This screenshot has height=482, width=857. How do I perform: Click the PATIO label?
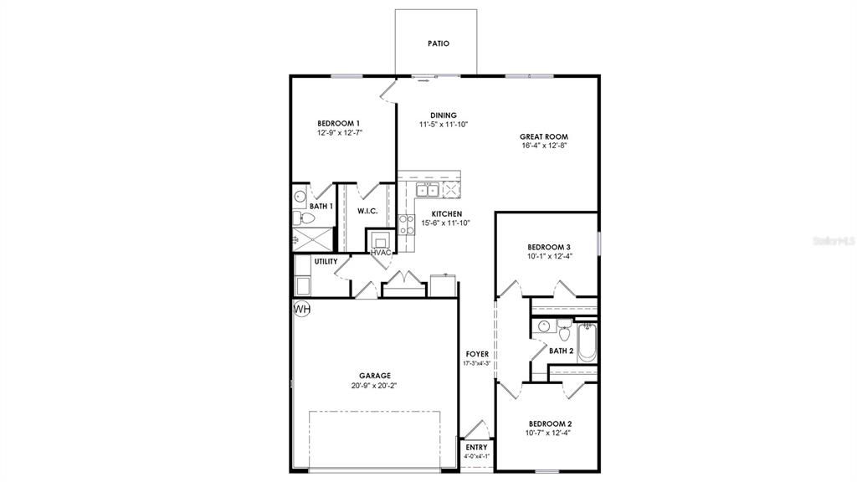(x=438, y=44)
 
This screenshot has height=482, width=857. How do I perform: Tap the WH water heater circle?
(x=302, y=310)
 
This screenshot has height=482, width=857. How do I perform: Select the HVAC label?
(x=382, y=252)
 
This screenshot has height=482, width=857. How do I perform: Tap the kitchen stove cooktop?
(x=407, y=223)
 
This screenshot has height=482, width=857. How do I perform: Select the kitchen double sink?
(x=428, y=190)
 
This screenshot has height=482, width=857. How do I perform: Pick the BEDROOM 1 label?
(x=338, y=123)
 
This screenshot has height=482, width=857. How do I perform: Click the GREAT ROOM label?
(x=543, y=136)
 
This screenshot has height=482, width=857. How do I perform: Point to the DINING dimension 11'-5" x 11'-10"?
(x=443, y=125)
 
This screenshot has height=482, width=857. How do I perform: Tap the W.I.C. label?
(x=368, y=211)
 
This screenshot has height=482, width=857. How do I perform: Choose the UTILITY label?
(x=326, y=262)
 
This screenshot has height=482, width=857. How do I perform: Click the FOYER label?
(x=477, y=354)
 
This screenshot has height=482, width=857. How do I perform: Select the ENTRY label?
(x=476, y=448)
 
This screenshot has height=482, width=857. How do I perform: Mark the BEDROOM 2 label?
(x=549, y=423)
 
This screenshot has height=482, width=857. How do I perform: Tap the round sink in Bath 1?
(x=300, y=197)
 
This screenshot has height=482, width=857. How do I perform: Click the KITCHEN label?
(x=446, y=214)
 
